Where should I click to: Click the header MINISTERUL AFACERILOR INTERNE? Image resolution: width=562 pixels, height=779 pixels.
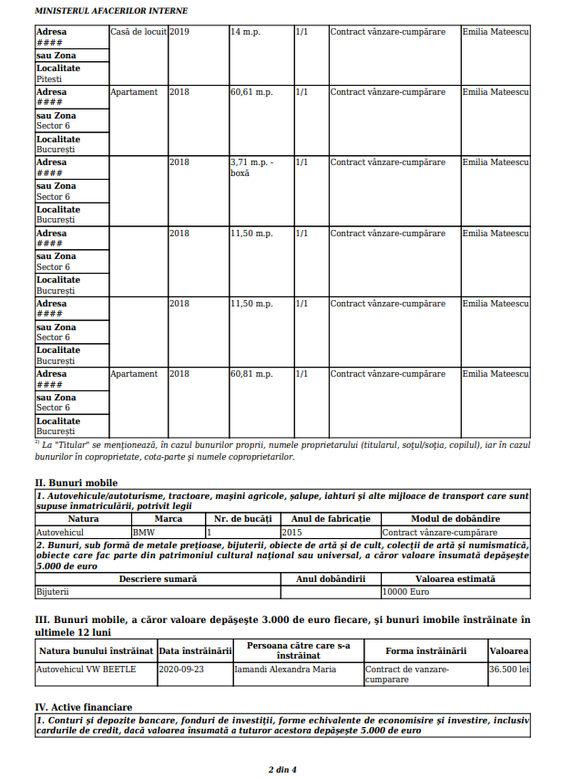110,10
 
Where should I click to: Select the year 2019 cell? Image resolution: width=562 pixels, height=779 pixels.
179,32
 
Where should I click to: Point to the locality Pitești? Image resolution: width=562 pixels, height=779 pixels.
49,79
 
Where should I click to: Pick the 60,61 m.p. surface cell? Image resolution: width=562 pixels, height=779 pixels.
251,92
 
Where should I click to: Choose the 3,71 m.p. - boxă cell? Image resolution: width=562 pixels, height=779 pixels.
252,167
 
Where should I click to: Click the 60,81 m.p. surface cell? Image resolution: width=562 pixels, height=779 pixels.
251,374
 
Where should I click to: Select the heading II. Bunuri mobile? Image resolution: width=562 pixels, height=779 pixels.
77,483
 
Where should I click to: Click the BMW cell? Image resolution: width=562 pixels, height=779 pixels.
145,531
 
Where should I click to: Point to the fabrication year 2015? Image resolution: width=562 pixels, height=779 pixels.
292,531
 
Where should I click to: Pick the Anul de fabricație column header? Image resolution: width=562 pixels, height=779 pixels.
330,518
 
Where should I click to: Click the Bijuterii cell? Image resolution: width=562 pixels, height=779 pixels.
52,591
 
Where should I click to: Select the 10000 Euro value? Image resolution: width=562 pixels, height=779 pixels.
405,591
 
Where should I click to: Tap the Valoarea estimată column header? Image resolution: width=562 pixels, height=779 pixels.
455,578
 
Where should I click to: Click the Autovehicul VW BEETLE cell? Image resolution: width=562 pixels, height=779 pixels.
86,669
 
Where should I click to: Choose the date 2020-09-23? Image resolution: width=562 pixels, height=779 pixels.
181,669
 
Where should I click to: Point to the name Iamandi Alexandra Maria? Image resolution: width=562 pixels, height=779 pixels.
285,669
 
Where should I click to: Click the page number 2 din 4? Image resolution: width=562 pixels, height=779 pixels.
281,769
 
